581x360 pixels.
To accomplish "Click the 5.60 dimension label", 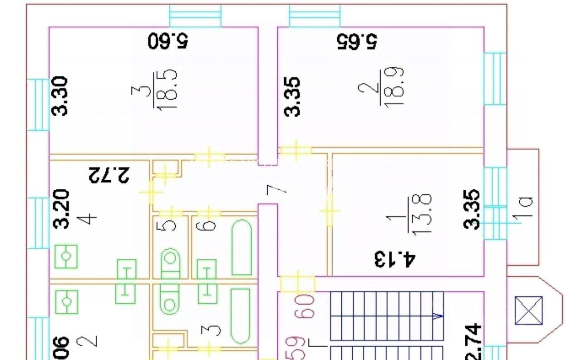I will tap(168, 41).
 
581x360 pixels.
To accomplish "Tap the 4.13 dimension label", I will tap(394, 260).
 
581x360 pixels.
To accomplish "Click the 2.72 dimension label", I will tap(109, 174).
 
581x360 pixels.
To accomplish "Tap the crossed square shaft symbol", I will tap(529, 311).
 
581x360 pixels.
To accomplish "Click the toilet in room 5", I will tap(170, 263).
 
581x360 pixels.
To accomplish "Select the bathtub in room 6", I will tap(242, 247).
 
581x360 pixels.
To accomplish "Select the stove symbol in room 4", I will tap(66, 256).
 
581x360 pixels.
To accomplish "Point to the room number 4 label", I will tap(90, 219).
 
